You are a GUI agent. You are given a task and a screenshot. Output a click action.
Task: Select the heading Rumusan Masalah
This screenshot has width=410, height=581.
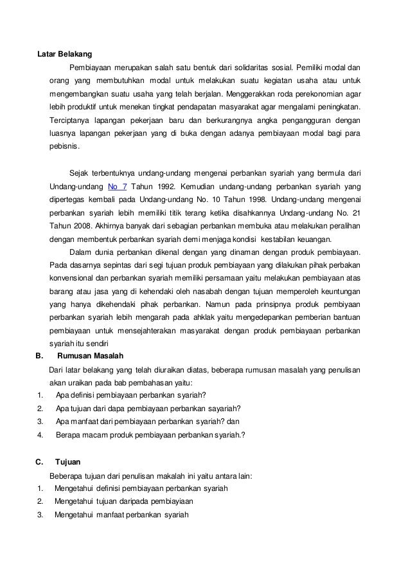91,355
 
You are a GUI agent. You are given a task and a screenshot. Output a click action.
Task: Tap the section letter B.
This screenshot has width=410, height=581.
39,355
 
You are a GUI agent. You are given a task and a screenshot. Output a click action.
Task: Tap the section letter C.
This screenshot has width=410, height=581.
39,463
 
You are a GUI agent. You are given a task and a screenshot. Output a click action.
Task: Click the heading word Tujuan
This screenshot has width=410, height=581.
68,463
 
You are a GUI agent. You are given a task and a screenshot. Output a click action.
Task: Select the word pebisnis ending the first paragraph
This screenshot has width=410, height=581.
64,147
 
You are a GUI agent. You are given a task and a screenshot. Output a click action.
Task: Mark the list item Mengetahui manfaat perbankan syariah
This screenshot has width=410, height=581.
121,515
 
